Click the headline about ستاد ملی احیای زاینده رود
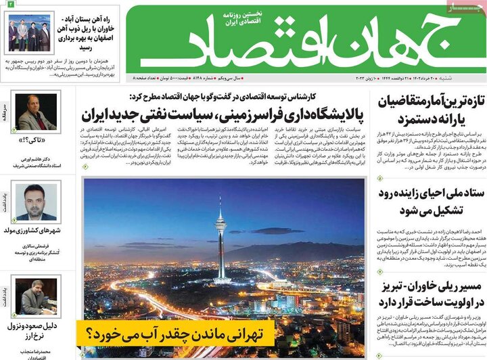pyautogui.click(x=425, y=200)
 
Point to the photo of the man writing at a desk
pyautogui.click(x=37, y=296)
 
